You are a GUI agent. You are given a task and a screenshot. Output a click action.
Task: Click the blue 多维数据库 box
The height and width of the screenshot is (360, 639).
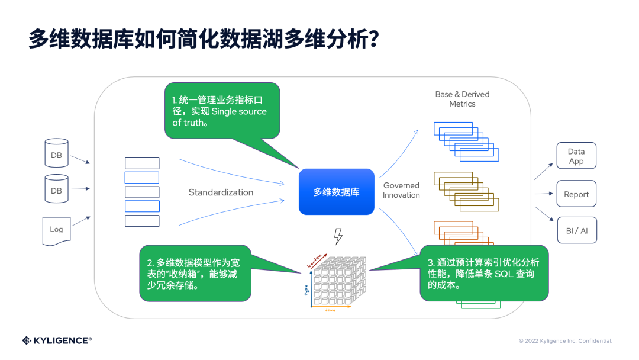coord(336,192)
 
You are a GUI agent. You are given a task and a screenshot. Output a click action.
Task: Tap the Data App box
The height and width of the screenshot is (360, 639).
coord(576,156)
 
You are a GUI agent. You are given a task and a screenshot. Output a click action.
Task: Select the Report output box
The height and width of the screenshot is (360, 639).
coord(576,194)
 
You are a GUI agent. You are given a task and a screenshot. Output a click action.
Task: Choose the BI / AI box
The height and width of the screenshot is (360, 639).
coord(576,230)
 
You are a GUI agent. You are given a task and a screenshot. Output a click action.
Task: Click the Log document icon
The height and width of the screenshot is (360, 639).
coord(56,230)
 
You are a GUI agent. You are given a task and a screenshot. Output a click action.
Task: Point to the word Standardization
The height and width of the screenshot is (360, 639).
coord(221,192)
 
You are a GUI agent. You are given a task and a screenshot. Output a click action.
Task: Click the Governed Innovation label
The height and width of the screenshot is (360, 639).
coord(401,190)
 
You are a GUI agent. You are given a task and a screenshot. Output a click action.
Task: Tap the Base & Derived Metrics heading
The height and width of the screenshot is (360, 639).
coord(462,99)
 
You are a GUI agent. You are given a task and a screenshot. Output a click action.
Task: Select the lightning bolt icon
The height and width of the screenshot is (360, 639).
coord(338,236)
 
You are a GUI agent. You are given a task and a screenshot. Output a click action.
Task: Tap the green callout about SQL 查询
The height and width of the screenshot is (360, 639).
coord(483,273)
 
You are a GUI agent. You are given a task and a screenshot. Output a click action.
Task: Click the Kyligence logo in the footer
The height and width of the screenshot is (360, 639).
coord(57,340)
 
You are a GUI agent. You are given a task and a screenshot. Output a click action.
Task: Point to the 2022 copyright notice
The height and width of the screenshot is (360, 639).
coord(565,341)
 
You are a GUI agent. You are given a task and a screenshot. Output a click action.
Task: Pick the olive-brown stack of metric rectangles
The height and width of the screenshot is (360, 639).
coord(466,192)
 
